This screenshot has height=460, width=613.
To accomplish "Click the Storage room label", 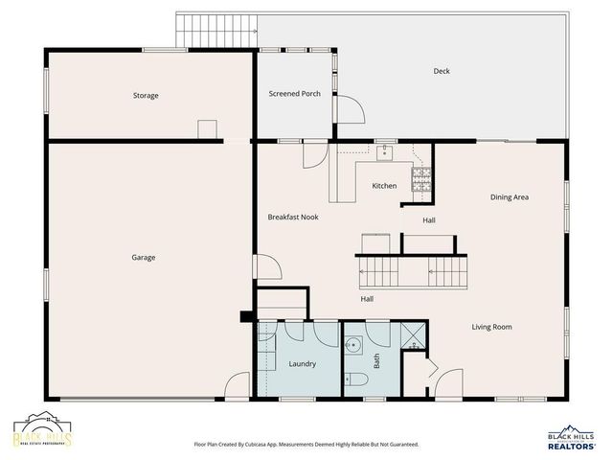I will click(146, 96).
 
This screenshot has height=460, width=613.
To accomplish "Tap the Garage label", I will click(144, 257).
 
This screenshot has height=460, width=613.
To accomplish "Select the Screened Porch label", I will click(294, 94).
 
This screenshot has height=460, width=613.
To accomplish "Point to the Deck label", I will click(442, 71).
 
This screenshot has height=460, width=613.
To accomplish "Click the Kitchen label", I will click(384, 186).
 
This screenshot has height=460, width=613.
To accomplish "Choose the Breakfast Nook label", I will click(293, 218).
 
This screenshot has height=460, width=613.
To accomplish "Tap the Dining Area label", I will click(510, 197).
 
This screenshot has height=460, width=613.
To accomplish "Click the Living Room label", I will click(491, 327).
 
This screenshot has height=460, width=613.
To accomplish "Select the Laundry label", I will click(303, 363).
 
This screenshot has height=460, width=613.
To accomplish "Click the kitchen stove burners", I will click(421, 177).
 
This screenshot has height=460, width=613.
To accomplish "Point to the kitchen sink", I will click(385, 150).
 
